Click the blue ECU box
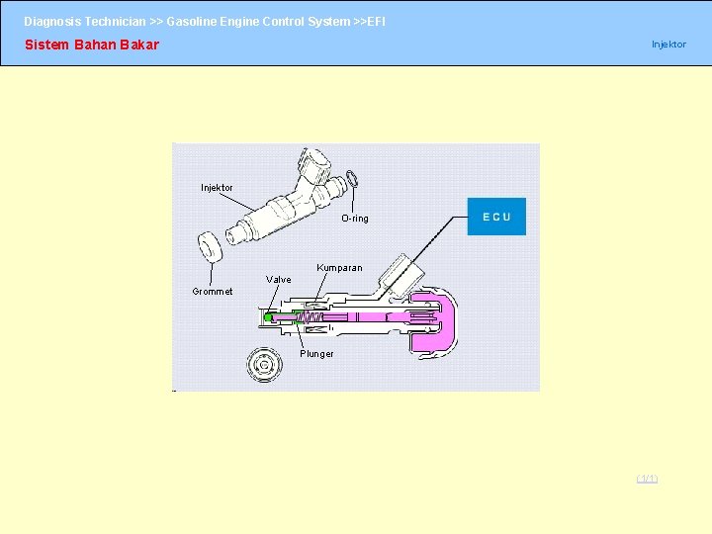pyautogui.click(x=496, y=217)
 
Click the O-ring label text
pyautogui.click(x=354, y=219)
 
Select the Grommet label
pyautogui.click(x=213, y=292)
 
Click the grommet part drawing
pyautogui.click(x=210, y=246)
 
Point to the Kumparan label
pyautogui.click(x=339, y=268)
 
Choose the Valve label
pyautogui.click(x=279, y=280)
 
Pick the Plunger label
pyautogui.click(x=316, y=354)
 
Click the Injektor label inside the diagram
pyautogui.click(x=217, y=188)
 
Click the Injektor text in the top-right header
pyautogui.click(x=668, y=44)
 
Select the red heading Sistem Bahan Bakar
pyautogui.click(x=91, y=44)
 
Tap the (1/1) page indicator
pyautogui.click(x=647, y=479)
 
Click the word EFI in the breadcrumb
pyautogui.click(x=377, y=21)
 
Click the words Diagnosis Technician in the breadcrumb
pyautogui.click(x=85, y=21)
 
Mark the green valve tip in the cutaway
pyautogui.click(x=268, y=317)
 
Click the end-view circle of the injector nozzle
pyautogui.click(x=263, y=366)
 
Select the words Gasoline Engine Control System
pyautogui.click(x=258, y=21)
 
